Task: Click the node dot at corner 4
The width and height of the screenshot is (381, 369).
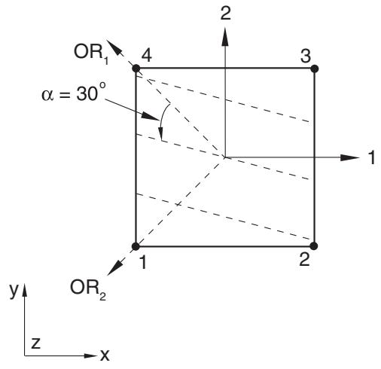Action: point(136,69)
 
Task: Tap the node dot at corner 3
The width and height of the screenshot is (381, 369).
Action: point(314,69)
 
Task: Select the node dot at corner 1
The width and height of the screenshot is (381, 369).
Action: point(136,246)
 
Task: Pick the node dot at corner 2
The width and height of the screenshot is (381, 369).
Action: point(314,246)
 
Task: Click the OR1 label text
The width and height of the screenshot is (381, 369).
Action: point(91,54)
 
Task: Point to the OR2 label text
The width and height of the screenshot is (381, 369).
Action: point(88,289)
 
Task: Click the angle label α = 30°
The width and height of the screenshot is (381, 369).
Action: point(74,93)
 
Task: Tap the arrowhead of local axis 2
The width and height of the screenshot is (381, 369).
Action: point(225,37)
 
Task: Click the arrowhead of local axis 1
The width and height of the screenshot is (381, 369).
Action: point(350,157)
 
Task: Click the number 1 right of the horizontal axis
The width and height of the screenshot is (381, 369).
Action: point(372,157)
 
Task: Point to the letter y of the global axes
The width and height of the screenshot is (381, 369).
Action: point(14,291)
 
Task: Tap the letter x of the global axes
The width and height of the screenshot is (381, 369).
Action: point(105,355)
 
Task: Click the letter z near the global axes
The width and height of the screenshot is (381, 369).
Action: point(35,343)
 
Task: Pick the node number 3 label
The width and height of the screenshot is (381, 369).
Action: point(306,56)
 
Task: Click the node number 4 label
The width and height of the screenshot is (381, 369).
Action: point(147,56)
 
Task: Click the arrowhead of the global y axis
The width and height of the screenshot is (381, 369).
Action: point(25,290)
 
